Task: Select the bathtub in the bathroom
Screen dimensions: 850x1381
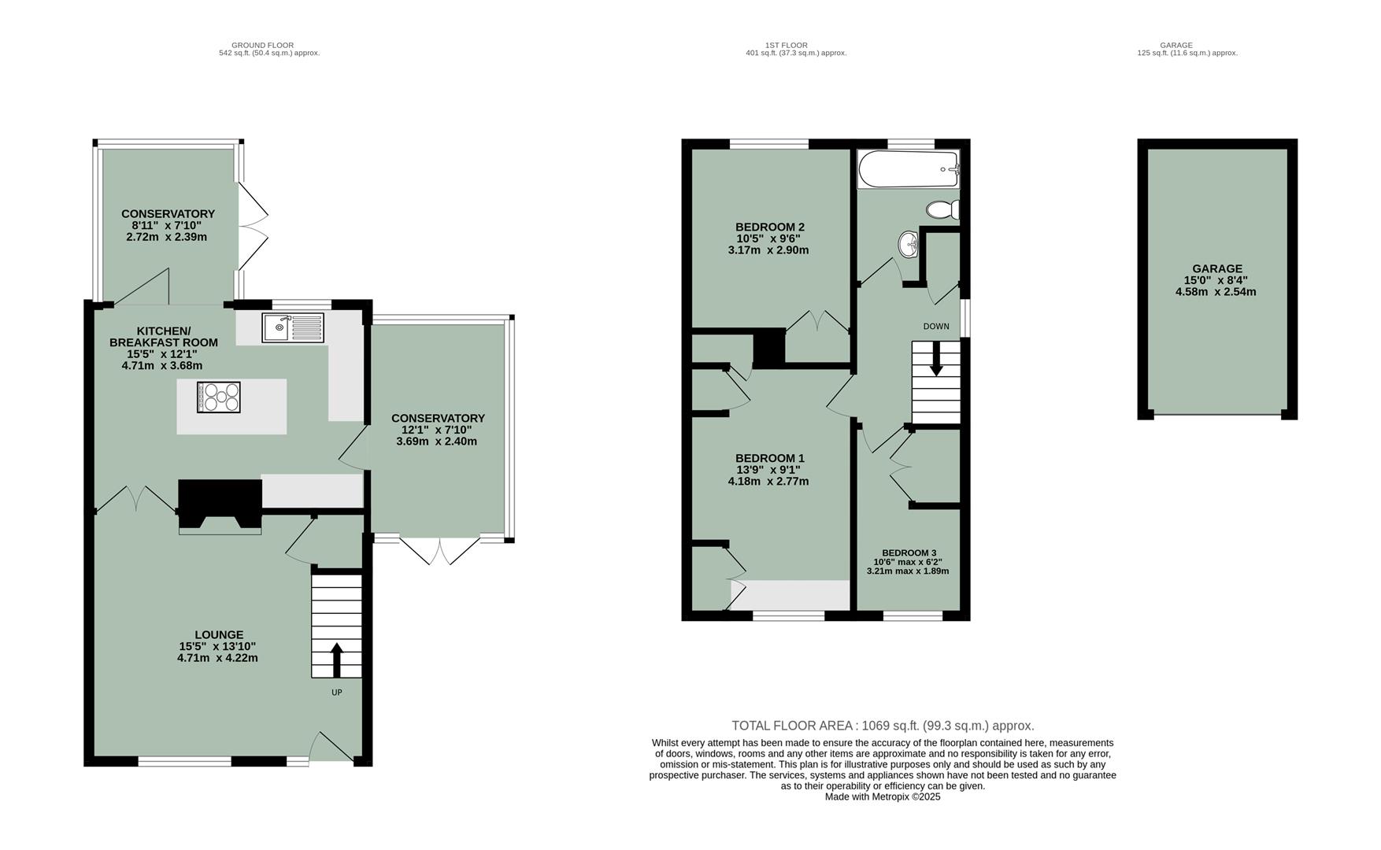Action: (x=909, y=169)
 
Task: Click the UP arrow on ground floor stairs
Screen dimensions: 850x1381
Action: (x=336, y=660)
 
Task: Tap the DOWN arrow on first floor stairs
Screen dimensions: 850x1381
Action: (x=936, y=361)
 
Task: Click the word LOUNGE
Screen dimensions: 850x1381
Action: (x=219, y=634)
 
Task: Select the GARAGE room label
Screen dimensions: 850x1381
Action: (x=1216, y=268)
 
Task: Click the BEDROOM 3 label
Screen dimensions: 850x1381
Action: (x=909, y=552)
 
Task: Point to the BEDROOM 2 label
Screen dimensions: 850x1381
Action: (x=769, y=227)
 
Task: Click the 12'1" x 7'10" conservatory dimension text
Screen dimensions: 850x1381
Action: (x=438, y=430)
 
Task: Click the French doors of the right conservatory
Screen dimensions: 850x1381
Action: (x=439, y=550)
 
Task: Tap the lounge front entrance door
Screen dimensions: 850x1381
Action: (x=331, y=748)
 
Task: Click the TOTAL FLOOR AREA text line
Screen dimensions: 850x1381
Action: (x=882, y=726)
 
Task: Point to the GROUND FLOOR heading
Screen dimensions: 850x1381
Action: (x=262, y=45)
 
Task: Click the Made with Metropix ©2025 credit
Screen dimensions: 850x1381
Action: (x=882, y=796)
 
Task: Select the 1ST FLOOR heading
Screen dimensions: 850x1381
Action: (x=786, y=45)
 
